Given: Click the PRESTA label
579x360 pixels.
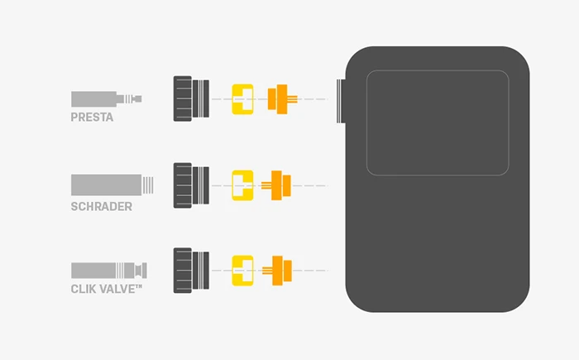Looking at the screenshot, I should [92, 118].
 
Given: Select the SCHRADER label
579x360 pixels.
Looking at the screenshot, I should [102, 206].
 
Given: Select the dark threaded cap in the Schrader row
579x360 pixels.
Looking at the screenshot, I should [190, 185].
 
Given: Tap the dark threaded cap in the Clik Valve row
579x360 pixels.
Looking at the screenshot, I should [190, 270].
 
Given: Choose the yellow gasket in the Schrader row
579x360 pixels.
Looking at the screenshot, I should [242, 185].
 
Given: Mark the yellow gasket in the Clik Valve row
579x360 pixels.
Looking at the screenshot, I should [242, 270].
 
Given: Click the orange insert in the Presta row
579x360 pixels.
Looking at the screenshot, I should [280, 99].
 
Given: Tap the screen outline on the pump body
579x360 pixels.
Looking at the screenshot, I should [438, 122].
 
